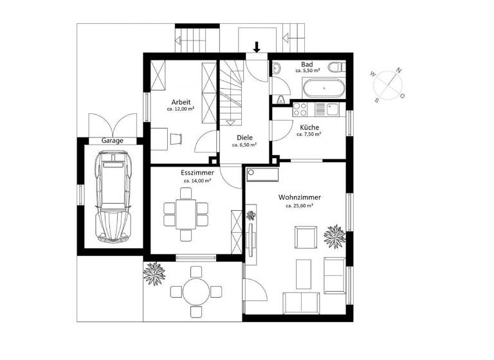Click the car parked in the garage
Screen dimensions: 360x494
point(113,197)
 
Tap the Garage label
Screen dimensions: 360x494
point(113,141)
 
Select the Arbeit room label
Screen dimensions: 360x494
point(179,102)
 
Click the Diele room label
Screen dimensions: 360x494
point(244,137)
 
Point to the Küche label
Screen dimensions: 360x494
point(309,127)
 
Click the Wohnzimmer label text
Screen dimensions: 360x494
point(300,197)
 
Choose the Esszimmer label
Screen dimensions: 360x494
point(197,173)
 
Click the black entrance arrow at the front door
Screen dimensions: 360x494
point(257,46)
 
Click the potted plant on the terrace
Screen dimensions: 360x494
point(155,274)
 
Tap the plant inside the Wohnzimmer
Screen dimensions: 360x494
point(335,236)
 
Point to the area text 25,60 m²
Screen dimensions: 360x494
point(300,206)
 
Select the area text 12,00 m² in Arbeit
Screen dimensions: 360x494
point(179,109)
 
